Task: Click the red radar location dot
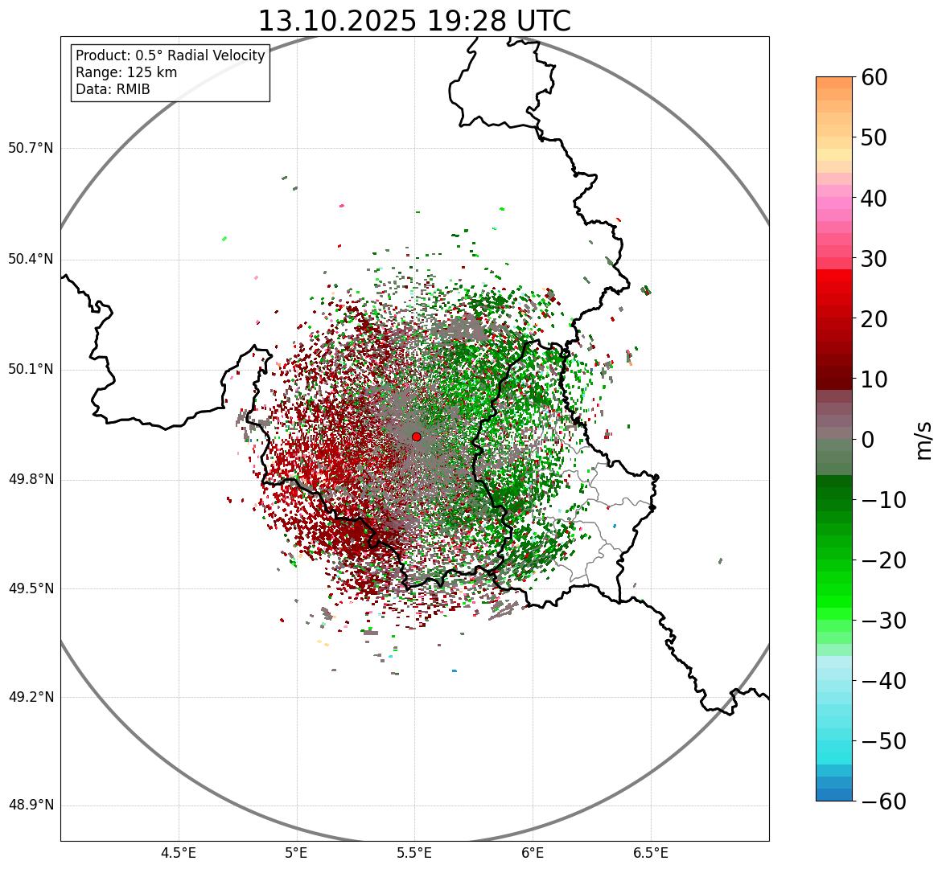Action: click(x=417, y=437)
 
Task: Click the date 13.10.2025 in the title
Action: click(x=337, y=22)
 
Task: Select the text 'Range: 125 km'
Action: click(x=126, y=72)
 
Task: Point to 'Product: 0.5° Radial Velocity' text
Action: click(x=170, y=55)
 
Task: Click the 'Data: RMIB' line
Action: click(x=113, y=89)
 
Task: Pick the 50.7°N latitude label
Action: click(x=31, y=149)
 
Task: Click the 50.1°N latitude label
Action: click(x=31, y=370)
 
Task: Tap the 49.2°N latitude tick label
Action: click(x=31, y=697)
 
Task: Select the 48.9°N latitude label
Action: click(x=31, y=805)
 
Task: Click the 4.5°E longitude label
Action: click(x=179, y=853)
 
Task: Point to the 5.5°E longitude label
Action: click(x=414, y=853)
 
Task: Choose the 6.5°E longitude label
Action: click(x=650, y=853)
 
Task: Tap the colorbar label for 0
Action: click(x=868, y=440)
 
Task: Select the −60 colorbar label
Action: click(x=883, y=801)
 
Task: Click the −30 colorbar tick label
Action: click(x=883, y=621)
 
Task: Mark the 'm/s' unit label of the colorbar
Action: click(x=925, y=440)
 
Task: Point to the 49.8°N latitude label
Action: click(x=31, y=480)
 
